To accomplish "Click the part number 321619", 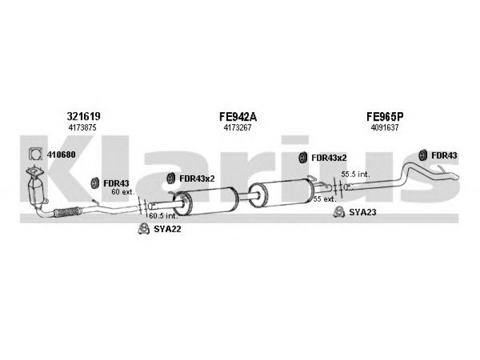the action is [x=83, y=116].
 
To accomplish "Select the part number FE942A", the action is [x=238, y=116].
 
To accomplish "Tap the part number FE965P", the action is [x=385, y=116].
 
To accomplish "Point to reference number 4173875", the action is [x=82, y=128].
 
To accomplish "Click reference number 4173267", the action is [x=238, y=128].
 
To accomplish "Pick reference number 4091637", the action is [x=385, y=128].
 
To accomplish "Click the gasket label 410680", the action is [x=61, y=155].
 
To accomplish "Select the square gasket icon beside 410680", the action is [x=35, y=154].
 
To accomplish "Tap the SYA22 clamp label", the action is [x=167, y=229].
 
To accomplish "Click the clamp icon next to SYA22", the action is [x=143, y=229].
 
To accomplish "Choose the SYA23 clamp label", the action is [x=362, y=212].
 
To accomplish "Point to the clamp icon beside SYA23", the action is [x=338, y=212].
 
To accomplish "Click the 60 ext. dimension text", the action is [x=123, y=192].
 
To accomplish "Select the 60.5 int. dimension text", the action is [x=163, y=215].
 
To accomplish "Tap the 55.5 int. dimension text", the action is [x=355, y=174].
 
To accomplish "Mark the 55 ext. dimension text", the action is [x=325, y=199].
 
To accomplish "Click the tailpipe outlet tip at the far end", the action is [x=455, y=177].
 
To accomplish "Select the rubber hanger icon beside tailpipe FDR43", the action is [x=423, y=155].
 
